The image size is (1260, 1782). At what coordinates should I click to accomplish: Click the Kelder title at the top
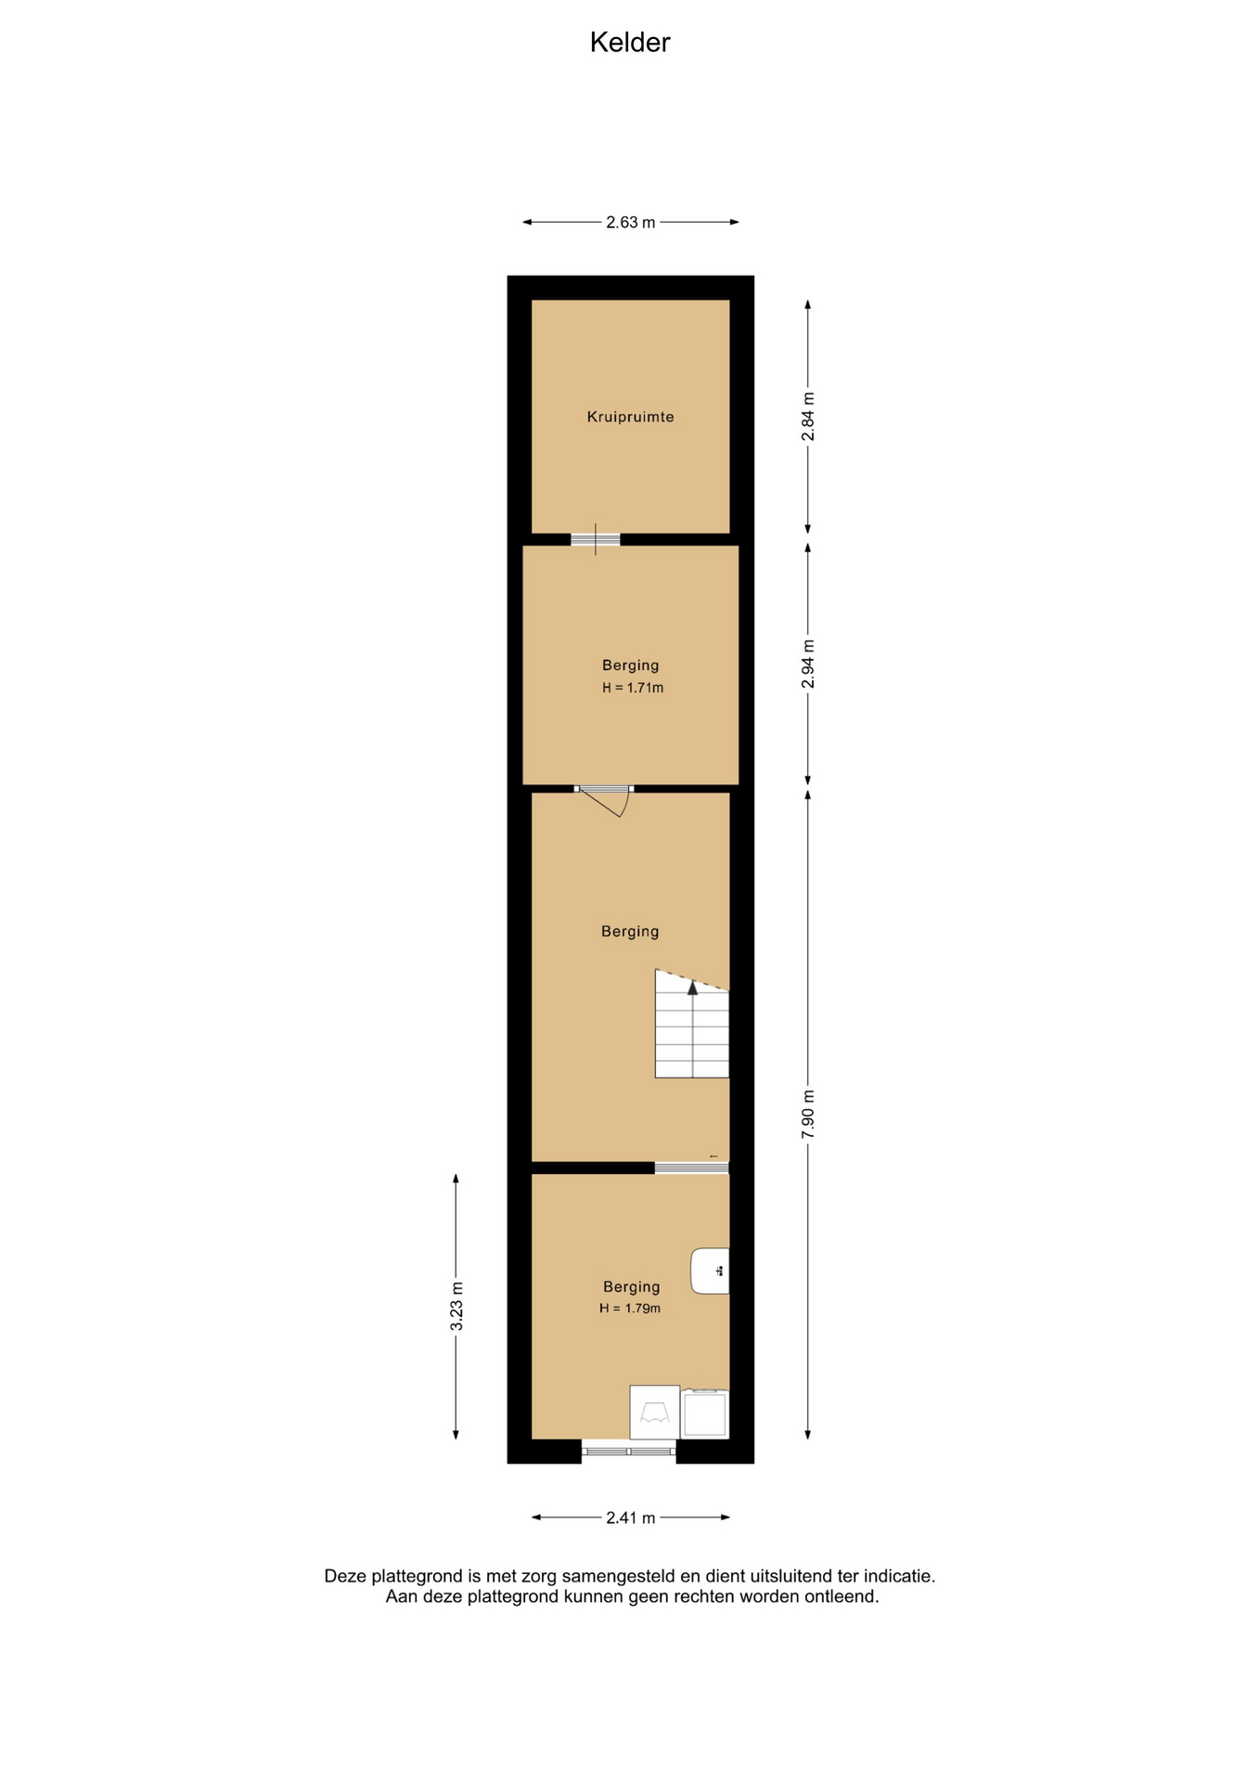tap(629, 43)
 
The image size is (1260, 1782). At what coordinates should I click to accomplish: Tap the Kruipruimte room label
tap(630, 417)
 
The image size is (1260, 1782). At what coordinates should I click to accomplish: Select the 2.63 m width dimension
tap(630, 222)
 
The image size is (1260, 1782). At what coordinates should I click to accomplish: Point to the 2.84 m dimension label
tap(808, 417)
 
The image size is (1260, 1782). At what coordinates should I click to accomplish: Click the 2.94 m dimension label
tap(808, 664)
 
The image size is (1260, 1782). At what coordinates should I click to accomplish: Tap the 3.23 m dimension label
tap(456, 1306)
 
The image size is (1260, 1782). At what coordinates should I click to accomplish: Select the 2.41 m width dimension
tap(630, 1517)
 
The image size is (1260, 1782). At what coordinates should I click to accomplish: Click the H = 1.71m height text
tap(633, 688)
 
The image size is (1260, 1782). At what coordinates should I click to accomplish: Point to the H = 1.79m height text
tap(630, 1308)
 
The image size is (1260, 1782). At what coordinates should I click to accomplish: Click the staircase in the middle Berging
tap(692, 1024)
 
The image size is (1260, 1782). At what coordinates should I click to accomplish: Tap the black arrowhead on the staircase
tap(692, 988)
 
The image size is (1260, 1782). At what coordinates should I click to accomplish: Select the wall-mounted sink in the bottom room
tap(710, 1271)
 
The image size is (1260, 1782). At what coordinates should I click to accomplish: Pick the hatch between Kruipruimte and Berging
tap(595, 539)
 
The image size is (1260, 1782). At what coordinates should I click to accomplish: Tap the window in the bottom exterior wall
tap(629, 1451)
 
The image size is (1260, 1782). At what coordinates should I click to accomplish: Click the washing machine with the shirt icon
tap(654, 1412)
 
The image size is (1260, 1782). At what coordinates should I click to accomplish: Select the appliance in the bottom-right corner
tap(705, 1414)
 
